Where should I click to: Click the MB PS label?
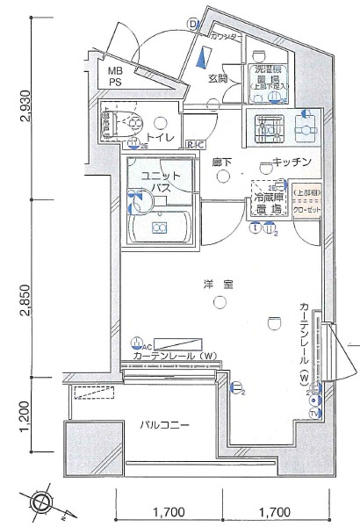tap(115, 76)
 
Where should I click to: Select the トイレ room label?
tap(159, 138)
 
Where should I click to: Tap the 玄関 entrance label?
tap(219, 79)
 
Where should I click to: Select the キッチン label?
tap(288, 162)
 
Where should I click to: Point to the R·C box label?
tap(196, 145)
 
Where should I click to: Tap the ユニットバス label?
tap(160, 182)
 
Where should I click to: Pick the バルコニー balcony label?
tap(163, 425)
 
